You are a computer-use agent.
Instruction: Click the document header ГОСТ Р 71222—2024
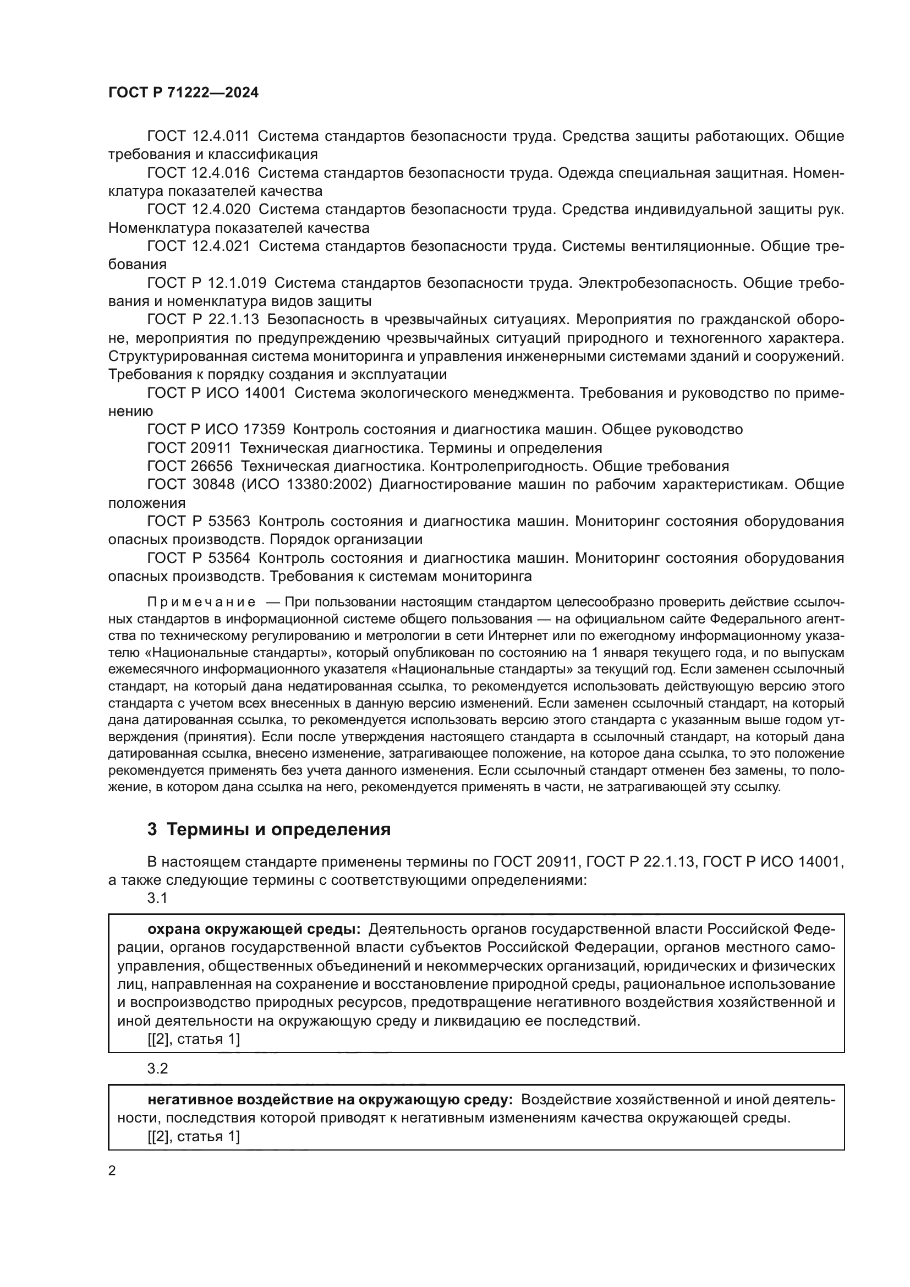click(183, 93)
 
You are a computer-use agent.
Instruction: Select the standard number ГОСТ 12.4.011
click(199, 136)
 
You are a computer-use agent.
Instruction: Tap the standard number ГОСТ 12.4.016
click(199, 173)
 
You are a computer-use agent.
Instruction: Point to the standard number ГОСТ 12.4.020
click(199, 210)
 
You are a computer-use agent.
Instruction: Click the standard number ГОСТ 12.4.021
click(199, 247)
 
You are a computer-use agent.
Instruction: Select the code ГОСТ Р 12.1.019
click(207, 283)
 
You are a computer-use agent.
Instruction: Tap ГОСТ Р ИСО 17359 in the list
click(216, 430)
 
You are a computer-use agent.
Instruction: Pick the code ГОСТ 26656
click(190, 467)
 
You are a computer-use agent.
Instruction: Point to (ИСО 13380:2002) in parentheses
click(306, 485)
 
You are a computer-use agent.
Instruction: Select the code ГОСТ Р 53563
click(199, 522)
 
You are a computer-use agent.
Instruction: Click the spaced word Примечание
click(202, 603)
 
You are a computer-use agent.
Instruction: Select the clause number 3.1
click(157, 899)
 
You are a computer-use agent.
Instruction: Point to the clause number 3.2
click(157, 1069)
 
